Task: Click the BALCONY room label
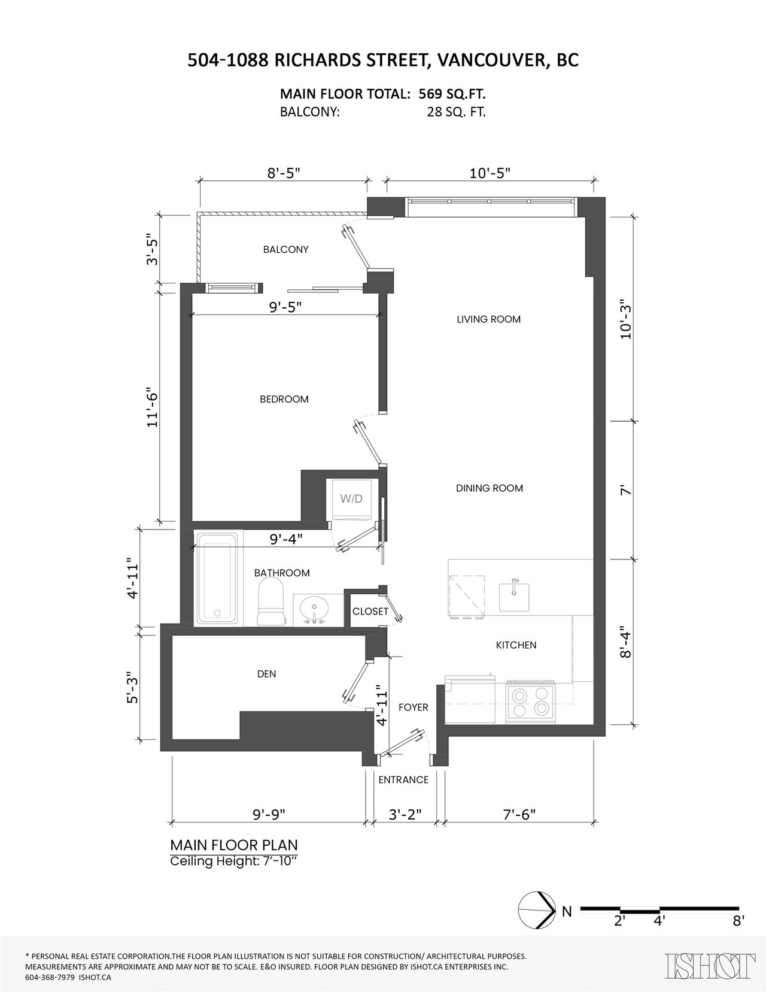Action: (285, 249)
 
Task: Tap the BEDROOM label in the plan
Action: (284, 399)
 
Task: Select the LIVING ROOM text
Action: (488, 319)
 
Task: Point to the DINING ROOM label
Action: (490, 488)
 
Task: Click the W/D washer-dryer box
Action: (351, 499)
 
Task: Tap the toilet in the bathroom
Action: (271, 602)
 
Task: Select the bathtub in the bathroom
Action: (216, 579)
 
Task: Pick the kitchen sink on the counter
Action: (514, 596)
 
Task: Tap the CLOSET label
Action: (370, 611)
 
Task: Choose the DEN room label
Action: (267, 674)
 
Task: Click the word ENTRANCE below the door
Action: (403, 780)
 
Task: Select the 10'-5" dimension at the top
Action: (490, 173)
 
